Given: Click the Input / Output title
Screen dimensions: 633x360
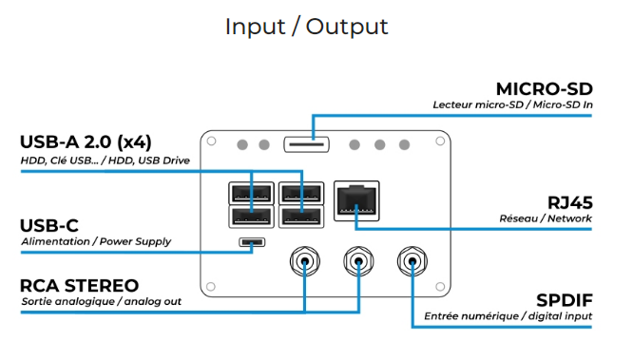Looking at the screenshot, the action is point(306,27).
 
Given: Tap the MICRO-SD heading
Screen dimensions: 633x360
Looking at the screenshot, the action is point(545,89).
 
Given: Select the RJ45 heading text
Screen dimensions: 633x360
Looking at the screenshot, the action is point(570,203).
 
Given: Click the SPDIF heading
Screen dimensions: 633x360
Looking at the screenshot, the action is point(565,301).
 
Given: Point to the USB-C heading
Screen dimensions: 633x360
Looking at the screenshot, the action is point(49,226).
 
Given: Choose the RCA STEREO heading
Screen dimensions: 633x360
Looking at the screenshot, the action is point(80,286).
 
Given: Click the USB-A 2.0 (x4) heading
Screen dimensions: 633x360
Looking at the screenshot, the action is point(86,142).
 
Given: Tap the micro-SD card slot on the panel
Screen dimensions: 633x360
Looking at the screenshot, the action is point(306,144).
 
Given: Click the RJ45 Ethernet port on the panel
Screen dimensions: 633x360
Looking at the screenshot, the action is point(356,201).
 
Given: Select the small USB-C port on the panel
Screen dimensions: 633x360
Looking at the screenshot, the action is point(252,242).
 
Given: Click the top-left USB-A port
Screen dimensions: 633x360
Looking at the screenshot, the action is point(251,194).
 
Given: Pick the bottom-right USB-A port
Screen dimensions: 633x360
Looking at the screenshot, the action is point(301,218).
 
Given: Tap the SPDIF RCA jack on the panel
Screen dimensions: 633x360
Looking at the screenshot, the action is point(412,261).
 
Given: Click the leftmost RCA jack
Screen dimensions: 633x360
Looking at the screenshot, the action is point(305,261).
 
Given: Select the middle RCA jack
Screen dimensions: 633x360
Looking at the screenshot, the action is point(358,261).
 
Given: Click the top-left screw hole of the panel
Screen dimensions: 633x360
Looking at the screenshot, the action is point(211,142).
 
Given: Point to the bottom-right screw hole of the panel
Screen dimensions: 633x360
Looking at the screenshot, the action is point(440,287).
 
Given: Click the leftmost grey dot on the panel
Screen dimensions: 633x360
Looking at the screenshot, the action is point(242,145).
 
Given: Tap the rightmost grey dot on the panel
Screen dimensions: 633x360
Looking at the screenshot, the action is point(405,145).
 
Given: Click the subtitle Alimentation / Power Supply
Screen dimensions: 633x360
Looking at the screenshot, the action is point(96,242).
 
